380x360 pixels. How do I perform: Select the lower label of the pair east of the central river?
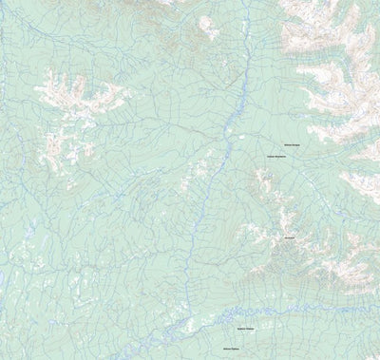(276, 157)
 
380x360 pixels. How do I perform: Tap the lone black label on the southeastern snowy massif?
(289, 237)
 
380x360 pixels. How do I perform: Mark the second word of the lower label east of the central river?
(281, 157)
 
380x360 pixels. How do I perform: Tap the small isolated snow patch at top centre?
(208, 26)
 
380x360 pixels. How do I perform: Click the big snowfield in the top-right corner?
(332, 38)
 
